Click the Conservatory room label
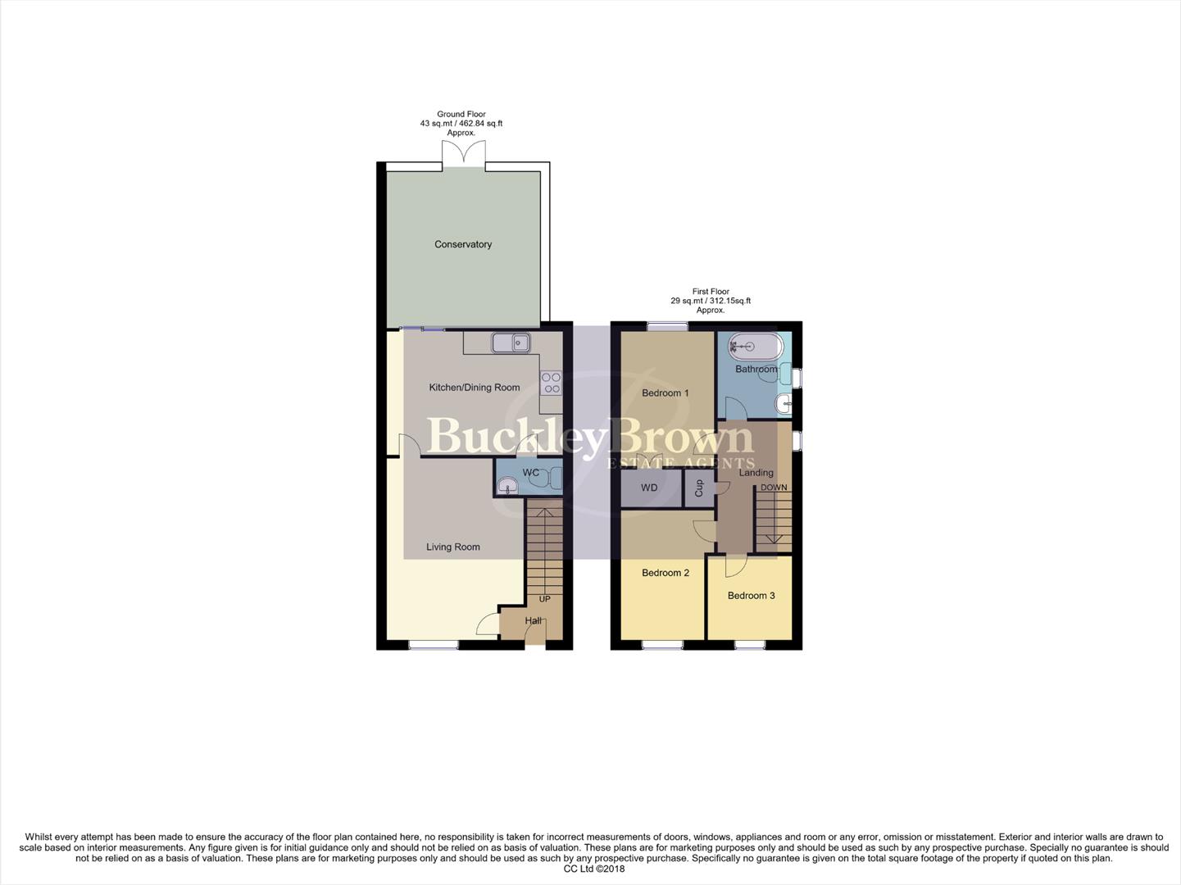463,244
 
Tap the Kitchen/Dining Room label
475,388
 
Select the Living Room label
453,547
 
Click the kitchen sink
511,343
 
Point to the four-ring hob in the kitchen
551,383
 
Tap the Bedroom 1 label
665,393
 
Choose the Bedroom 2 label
665,573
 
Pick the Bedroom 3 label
751,596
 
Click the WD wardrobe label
649,488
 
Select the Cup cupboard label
699,488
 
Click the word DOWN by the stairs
774,488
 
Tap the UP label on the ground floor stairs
545,599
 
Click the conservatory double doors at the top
463,153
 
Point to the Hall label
533,621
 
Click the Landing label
756,473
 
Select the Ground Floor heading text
461,115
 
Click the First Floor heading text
711,292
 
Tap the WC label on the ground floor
531,473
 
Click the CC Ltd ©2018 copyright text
590,869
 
